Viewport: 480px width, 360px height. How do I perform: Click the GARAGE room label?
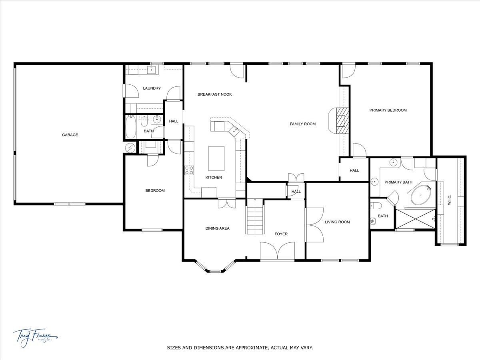70,135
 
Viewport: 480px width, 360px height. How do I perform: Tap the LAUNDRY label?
152,88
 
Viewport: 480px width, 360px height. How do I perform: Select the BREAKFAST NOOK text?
214,94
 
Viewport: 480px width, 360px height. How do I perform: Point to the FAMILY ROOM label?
302,124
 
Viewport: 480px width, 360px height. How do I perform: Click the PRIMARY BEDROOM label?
388,110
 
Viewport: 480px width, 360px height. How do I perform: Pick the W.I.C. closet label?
450,200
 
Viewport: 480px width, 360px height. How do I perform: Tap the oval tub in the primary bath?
420,196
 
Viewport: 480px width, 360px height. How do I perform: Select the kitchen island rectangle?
216,158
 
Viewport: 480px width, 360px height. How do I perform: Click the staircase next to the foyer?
255,218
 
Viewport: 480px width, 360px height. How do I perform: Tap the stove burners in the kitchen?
189,170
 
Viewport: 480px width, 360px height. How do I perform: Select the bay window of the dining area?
215,268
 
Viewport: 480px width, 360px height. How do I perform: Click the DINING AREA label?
217,228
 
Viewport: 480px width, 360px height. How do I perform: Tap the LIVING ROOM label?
337,222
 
